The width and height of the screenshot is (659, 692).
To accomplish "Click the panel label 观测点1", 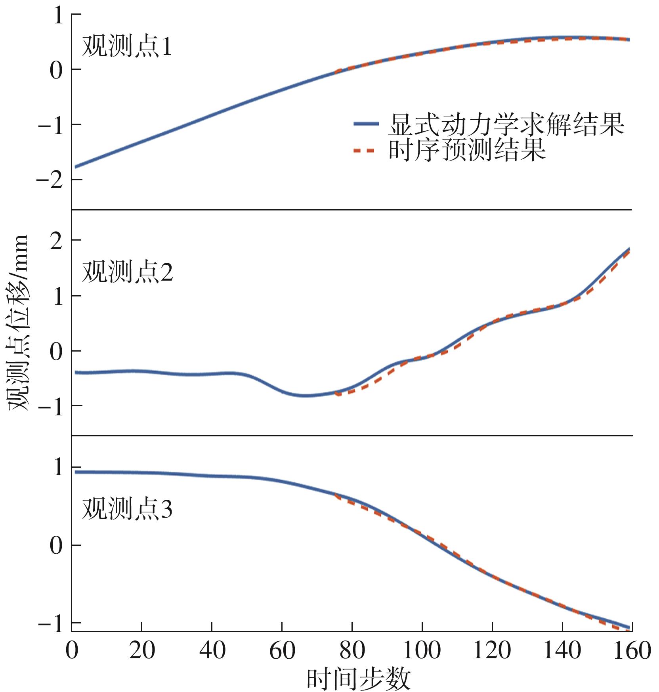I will [x=127, y=47].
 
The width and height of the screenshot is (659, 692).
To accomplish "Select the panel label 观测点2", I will [x=127, y=272].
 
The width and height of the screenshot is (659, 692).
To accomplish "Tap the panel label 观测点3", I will [x=127, y=509].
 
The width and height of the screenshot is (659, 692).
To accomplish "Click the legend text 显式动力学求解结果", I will [x=506, y=125].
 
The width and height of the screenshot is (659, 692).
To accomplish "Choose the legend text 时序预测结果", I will [x=467, y=150].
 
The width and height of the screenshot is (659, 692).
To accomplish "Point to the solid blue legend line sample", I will [x=366, y=124].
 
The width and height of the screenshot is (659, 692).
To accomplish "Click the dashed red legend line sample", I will [x=364, y=151].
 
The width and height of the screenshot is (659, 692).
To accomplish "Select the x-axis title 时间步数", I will [x=359, y=679].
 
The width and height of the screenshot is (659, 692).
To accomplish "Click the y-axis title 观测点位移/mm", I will [x=19, y=323].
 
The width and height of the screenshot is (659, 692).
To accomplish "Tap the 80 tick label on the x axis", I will [x=352, y=651].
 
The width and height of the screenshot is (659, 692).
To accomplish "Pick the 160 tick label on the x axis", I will [x=632, y=651].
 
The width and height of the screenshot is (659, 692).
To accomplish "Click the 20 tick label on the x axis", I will [x=142, y=651].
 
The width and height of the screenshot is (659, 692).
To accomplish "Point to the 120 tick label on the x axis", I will [x=492, y=651].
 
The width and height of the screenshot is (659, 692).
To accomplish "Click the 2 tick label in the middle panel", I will [x=56, y=241].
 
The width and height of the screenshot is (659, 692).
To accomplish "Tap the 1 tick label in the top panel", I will [x=58, y=15].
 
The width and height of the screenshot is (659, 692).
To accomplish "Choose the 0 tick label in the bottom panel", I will [x=56, y=546].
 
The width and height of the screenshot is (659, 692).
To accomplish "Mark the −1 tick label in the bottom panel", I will [x=51, y=624].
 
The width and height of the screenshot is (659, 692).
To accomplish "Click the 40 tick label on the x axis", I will [x=212, y=651].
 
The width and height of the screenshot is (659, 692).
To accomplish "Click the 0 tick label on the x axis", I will [x=72, y=651].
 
